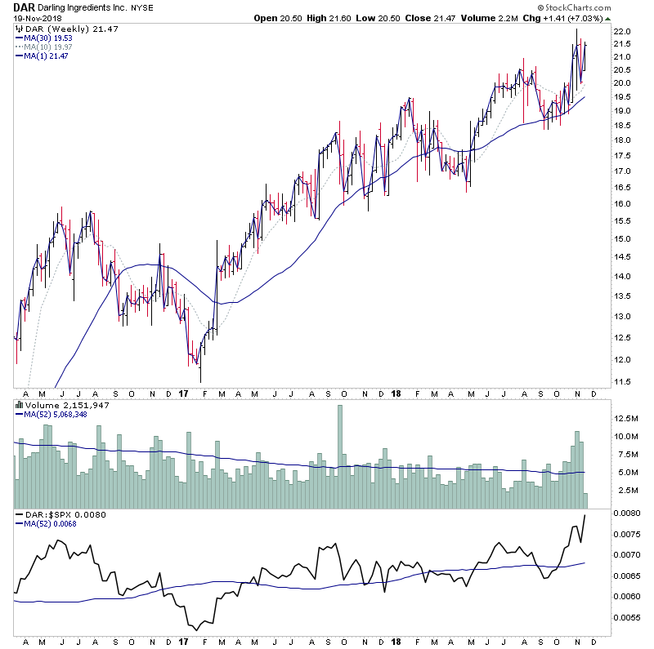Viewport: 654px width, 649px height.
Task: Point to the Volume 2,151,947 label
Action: (56, 405)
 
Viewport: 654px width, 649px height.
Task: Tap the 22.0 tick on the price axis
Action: (624, 32)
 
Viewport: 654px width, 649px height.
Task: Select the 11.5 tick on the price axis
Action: (624, 382)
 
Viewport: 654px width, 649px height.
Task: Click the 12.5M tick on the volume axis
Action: (627, 418)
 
